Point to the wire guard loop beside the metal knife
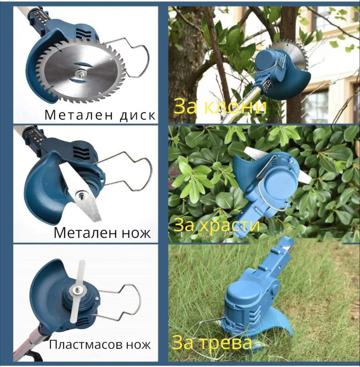pyautogui.click(x=138, y=171)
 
